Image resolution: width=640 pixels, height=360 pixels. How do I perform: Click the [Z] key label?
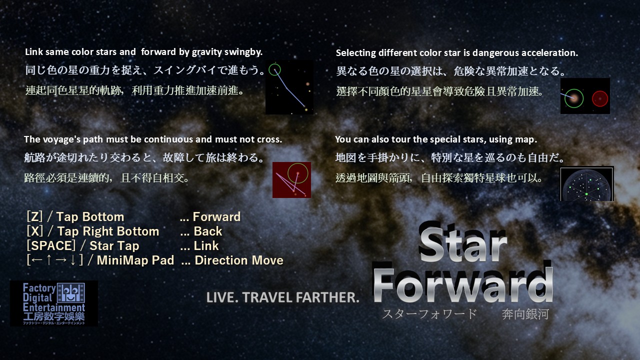tap(34, 216)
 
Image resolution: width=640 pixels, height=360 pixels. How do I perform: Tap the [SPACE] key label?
tap(51, 245)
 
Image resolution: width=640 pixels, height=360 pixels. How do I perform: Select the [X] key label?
tap(35, 231)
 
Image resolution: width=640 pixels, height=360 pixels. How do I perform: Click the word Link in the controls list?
tap(206, 245)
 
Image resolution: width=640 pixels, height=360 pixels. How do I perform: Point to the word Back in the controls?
tap(207, 231)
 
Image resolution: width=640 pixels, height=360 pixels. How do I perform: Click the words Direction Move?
tap(239, 260)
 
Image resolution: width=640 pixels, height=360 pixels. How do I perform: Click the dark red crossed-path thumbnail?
tap(291, 180)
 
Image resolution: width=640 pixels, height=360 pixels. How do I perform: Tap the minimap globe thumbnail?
tap(587, 184)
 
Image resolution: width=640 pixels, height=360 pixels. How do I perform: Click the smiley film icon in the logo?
tap(71, 293)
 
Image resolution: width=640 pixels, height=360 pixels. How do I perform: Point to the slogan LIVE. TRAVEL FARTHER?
tap(282, 297)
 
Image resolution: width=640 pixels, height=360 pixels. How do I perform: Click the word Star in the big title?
tap(463, 245)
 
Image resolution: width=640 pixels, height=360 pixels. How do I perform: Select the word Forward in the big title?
tap(463, 285)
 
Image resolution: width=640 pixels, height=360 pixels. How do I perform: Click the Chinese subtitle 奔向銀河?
tap(525, 314)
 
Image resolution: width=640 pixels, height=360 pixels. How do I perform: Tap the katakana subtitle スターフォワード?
tap(429, 314)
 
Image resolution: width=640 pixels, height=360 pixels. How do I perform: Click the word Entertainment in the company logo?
tap(54, 307)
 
